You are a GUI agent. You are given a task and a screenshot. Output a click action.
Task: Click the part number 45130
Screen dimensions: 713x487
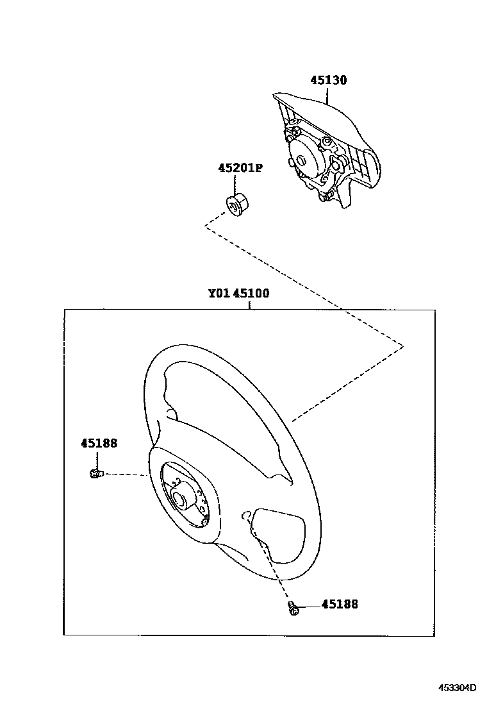pyautogui.click(x=328, y=81)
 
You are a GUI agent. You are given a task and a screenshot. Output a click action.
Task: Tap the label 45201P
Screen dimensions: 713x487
pyautogui.click(x=240, y=169)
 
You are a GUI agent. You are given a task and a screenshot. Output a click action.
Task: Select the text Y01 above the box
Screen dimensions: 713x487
pyautogui.click(x=219, y=294)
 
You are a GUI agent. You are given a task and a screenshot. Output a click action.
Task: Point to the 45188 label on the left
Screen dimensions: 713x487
pyautogui.click(x=99, y=443)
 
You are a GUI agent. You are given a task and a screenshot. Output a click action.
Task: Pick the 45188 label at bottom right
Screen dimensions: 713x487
pyautogui.click(x=340, y=604)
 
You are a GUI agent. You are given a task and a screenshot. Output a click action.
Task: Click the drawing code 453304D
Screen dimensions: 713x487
pyautogui.click(x=458, y=688)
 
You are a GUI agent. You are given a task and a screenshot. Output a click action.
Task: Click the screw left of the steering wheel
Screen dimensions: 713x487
pyautogui.click(x=95, y=474)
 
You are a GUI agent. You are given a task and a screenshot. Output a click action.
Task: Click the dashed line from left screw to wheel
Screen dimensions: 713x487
pyautogui.click(x=125, y=475)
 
